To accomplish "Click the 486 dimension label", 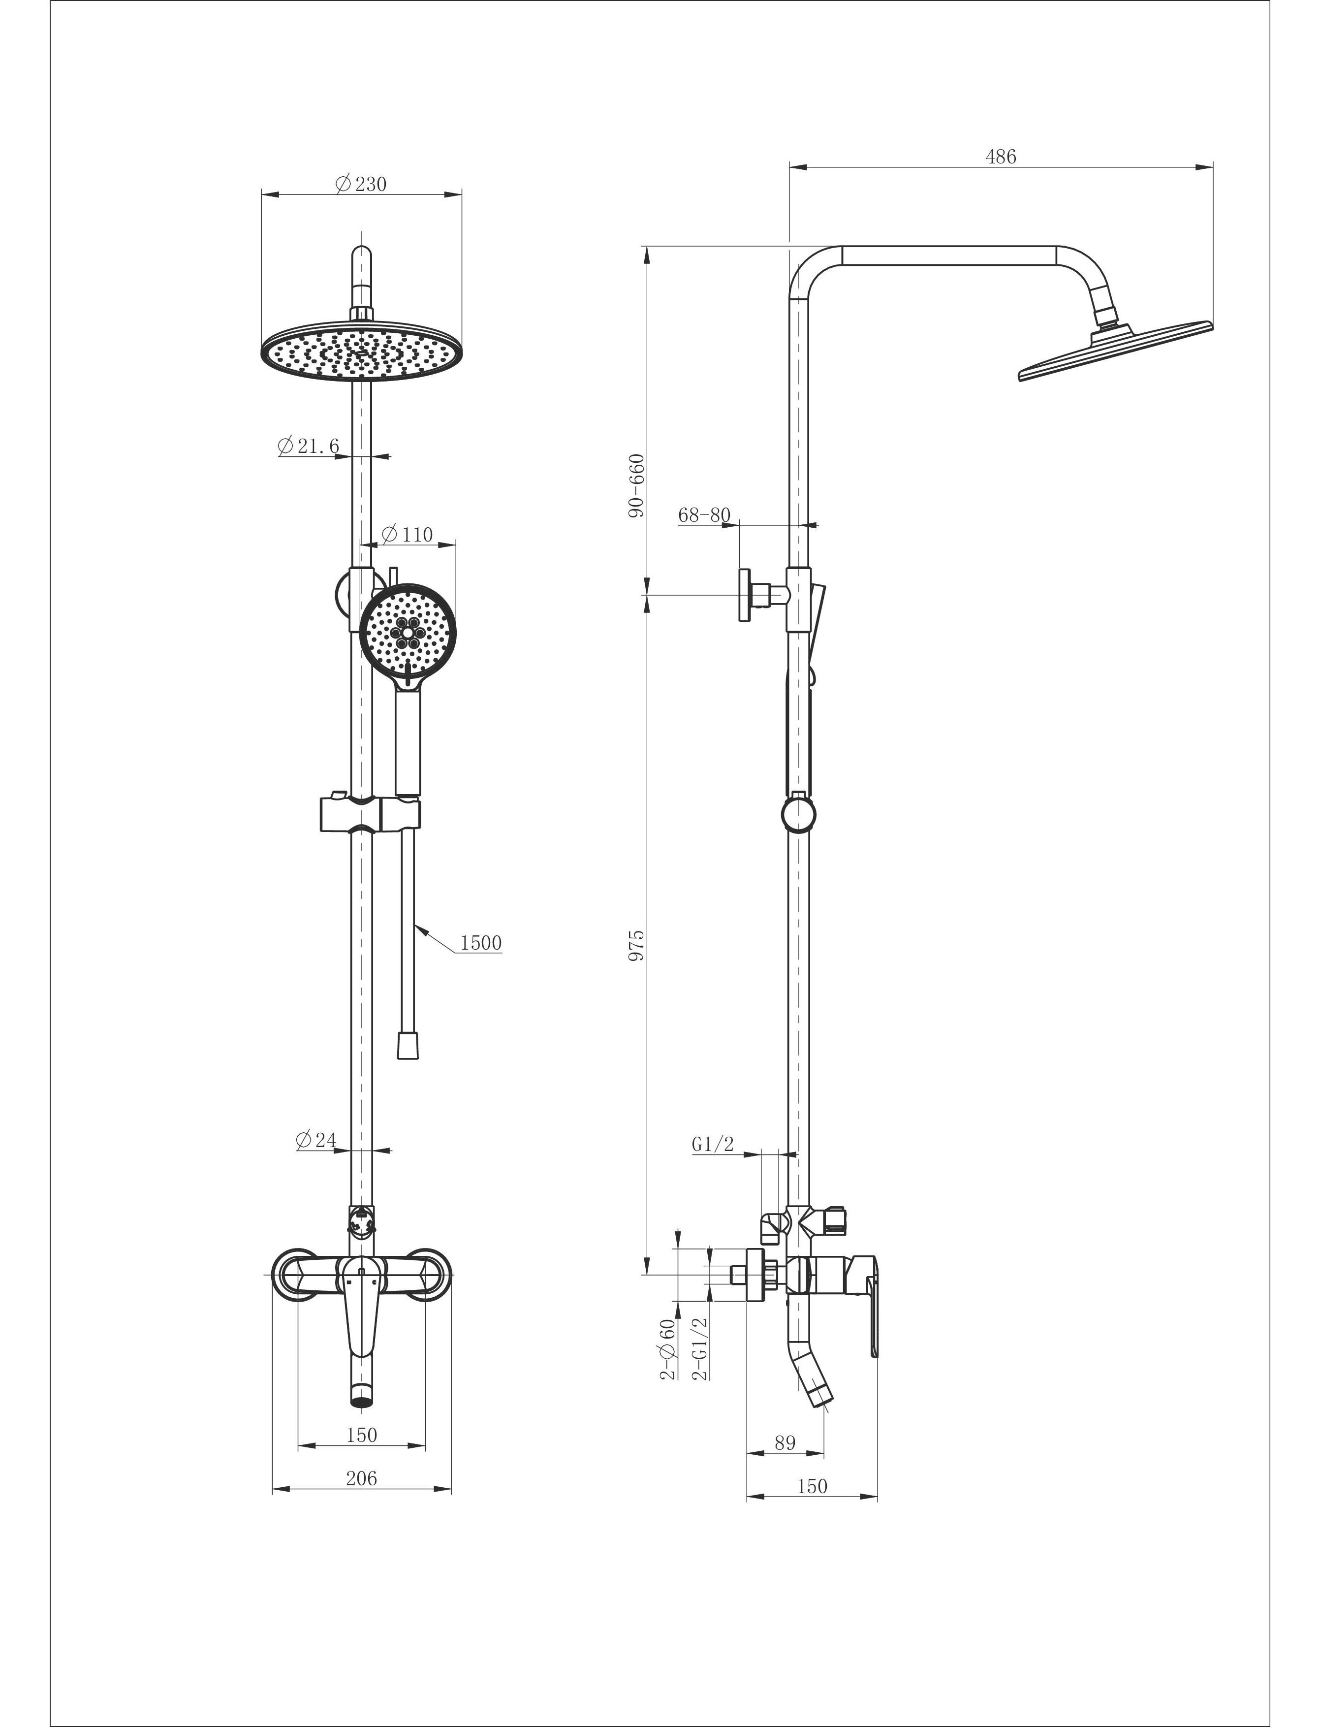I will click(x=1000, y=157).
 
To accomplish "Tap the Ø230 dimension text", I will click(x=361, y=185).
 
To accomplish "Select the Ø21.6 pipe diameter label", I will click(x=309, y=446).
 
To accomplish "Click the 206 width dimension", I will click(x=361, y=1478).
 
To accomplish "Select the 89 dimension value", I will click(x=785, y=1442).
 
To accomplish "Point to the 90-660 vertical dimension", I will click(x=636, y=485).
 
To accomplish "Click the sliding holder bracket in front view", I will click(x=369, y=815).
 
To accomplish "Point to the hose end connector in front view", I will click(x=407, y=1047).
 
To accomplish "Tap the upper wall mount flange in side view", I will click(x=743, y=596).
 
